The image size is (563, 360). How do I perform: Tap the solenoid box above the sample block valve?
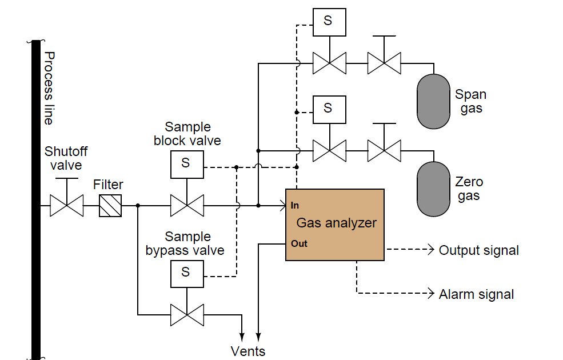click(x=186, y=163)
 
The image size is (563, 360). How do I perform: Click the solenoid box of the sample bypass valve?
click(x=186, y=273)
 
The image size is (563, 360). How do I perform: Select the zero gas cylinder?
click(x=434, y=189)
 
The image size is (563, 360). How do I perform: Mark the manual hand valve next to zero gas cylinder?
click(x=384, y=151)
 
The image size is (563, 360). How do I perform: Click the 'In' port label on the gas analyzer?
click(x=295, y=205)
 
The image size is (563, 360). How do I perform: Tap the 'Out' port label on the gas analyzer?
click(x=299, y=243)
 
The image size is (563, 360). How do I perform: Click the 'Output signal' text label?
click(x=478, y=250)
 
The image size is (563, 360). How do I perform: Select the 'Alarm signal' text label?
click(x=476, y=294)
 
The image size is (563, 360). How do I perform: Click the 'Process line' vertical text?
click(x=50, y=88)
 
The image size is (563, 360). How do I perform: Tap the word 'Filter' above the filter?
click(x=108, y=185)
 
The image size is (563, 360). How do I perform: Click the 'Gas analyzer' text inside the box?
click(x=336, y=223)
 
